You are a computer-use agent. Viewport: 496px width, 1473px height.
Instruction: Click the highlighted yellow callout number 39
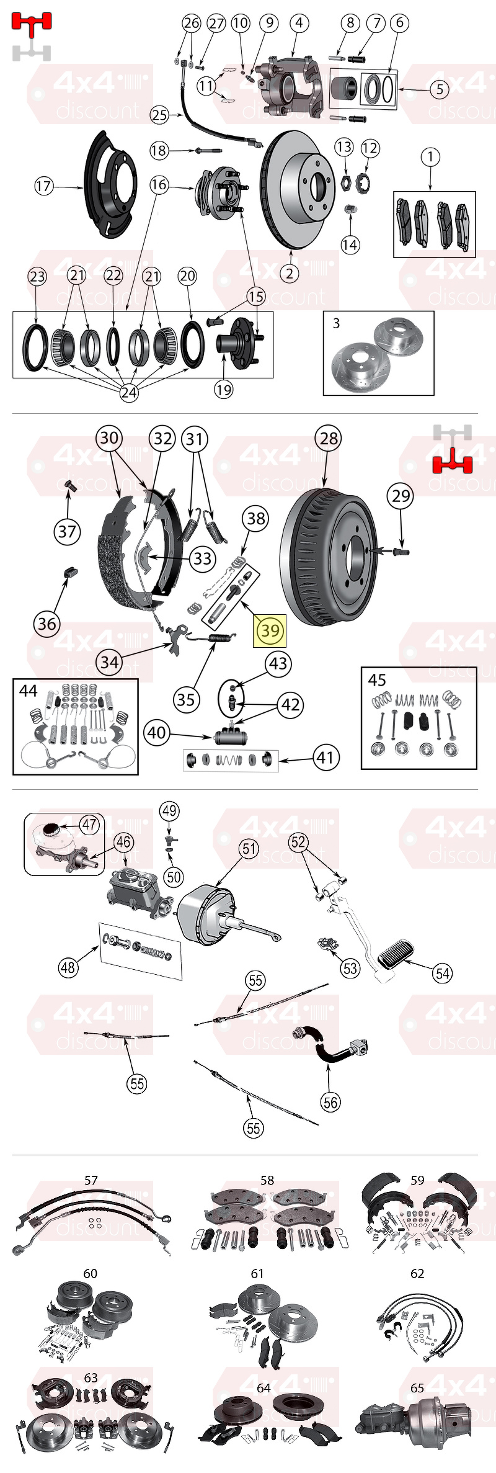click(270, 630)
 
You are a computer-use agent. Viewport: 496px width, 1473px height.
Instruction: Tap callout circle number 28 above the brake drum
click(329, 438)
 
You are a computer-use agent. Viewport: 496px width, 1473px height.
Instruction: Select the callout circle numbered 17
click(44, 186)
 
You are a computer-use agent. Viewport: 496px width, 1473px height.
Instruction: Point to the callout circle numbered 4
click(299, 23)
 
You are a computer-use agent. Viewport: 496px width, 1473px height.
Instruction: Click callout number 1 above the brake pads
click(430, 157)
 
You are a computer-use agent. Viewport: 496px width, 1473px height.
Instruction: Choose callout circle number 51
click(249, 848)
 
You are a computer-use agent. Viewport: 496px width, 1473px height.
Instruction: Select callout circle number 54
click(443, 973)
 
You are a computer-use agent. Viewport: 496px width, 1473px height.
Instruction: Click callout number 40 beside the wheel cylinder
click(156, 733)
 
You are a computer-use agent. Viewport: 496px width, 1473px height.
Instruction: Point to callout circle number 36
click(47, 624)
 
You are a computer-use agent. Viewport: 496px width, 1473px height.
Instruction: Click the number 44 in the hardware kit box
click(29, 690)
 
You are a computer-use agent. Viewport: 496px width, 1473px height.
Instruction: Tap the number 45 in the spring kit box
click(377, 680)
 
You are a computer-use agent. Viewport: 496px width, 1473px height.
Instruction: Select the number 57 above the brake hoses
click(91, 1180)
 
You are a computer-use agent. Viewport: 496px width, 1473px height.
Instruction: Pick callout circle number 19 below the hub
click(223, 390)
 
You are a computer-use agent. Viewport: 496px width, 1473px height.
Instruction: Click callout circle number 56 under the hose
click(330, 1102)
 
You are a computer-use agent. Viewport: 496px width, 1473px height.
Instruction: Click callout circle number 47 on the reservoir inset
click(89, 824)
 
